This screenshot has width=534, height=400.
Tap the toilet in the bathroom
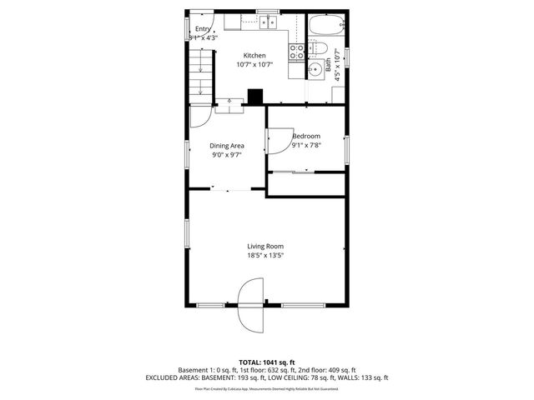(317, 49)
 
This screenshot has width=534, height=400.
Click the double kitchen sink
(268, 21)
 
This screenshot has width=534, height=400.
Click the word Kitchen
(254, 56)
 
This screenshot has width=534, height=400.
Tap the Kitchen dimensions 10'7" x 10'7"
(254, 64)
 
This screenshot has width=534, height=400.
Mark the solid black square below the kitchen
(257, 97)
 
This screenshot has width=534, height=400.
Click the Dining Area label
(226, 146)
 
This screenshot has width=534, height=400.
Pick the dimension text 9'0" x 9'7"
(226, 154)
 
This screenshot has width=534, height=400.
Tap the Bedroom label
(306, 136)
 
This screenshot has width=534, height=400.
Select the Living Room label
(265, 246)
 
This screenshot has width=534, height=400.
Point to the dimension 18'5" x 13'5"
(265, 255)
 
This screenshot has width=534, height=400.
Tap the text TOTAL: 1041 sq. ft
(267, 362)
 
